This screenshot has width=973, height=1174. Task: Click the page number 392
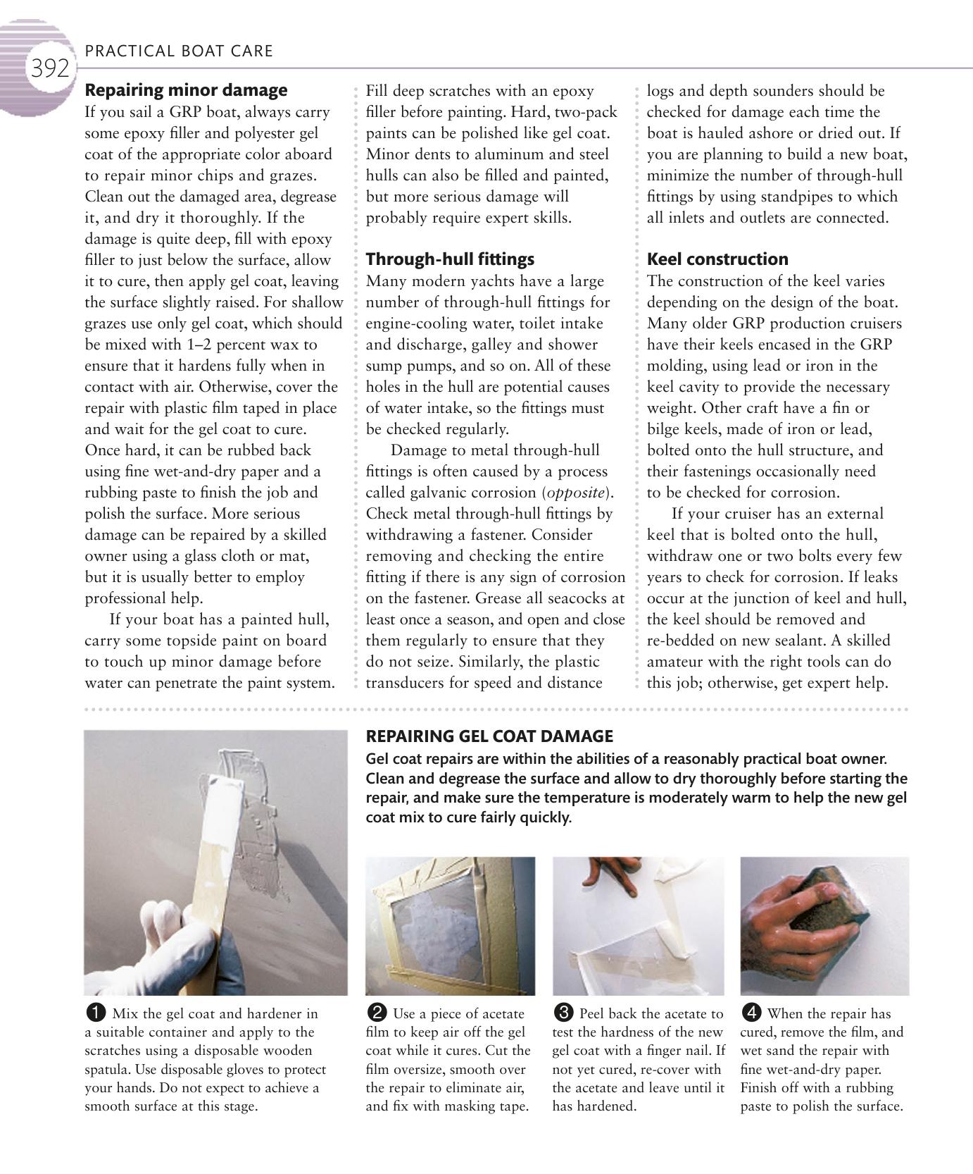click(x=49, y=68)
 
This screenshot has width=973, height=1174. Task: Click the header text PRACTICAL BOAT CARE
click(x=179, y=51)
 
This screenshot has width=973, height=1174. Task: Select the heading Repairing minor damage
click(x=186, y=90)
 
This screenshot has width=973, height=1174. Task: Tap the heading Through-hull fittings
click(x=450, y=259)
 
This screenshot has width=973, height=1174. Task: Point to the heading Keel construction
click(x=717, y=259)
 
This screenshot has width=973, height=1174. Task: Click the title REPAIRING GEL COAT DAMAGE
click(x=489, y=736)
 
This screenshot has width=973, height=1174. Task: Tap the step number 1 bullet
click(x=95, y=1013)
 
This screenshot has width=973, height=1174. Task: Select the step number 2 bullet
click(x=377, y=1013)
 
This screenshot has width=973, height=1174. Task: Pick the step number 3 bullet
click(x=563, y=1013)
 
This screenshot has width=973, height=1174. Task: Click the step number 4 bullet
click(x=751, y=1013)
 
